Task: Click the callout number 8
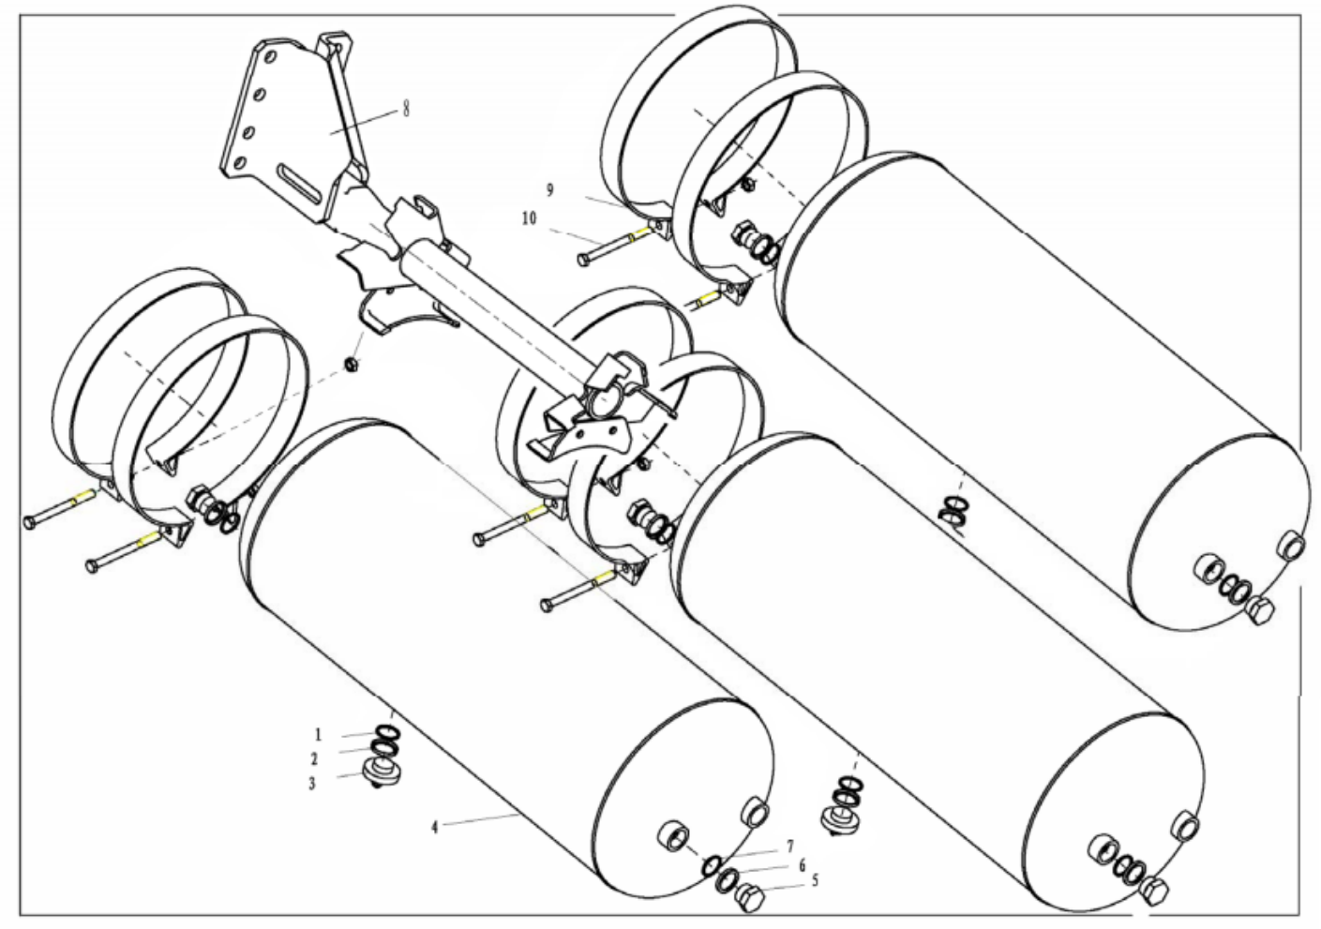(406, 109)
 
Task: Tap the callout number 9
(549, 190)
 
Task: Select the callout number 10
(530, 218)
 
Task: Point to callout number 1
(319, 735)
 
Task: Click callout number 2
(314, 759)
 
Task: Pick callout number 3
(312, 784)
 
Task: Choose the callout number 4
(435, 828)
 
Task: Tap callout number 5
(815, 880)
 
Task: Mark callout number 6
(802, 866)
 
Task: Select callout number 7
(790, 847)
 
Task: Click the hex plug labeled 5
(749, 898)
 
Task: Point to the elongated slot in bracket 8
(301, 183)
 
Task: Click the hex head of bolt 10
(584, 260)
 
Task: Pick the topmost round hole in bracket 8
(269, 57)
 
